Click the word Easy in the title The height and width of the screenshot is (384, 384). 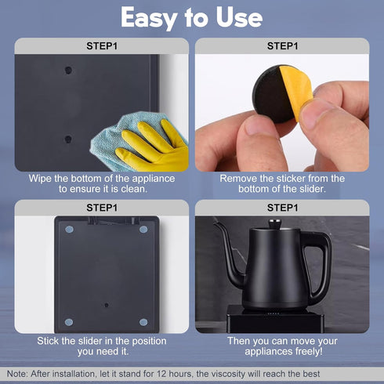pyautogui.click(x=149, y=18)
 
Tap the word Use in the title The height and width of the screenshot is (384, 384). pyautogui.click(x=239, y=17)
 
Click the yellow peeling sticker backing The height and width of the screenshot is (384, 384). pyautogui.click(x=296, y=92)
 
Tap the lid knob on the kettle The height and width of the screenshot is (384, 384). pyautogui.click(x=275, y=224)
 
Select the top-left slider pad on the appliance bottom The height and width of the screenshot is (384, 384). pyautogui.click(x=69, y=230)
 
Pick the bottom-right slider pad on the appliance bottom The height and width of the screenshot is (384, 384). pyautogui.click(x=143, y=322)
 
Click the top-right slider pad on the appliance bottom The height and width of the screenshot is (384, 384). pyautogui.click(x=143, y=230)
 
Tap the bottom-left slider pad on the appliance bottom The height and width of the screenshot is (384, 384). pyautogui.click(x=69, y=322)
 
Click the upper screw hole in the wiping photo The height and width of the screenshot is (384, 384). pyautogui.click(x=68, y=71)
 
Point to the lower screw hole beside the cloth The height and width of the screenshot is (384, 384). pyautogui.click(x=68, y=139)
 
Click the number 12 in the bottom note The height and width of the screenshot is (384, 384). pyautogui.click(x=161, y=374)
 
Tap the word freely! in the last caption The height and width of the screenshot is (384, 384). pyautogui.click(x=309, y=352)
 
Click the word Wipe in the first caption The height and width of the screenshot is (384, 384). pyautogui.click(x=40, y=179)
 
